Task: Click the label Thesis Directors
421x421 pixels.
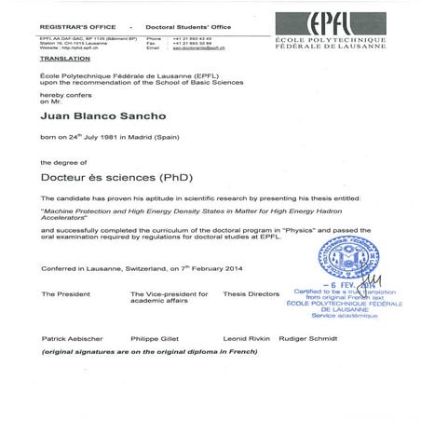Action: pyautogui.click(x=251, y=293)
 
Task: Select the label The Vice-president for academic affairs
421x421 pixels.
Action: pyautogui.click(x=164, y=297)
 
